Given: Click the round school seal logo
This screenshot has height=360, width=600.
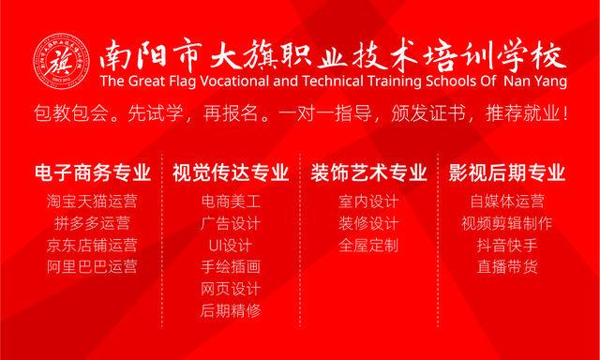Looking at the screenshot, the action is click(62, 62).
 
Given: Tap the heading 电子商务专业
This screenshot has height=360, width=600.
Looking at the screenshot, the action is click(93, 172).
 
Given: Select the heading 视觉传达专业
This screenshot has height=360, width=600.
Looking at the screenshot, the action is click(231, 172).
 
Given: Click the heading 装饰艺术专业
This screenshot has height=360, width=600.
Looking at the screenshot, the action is click(368, 172).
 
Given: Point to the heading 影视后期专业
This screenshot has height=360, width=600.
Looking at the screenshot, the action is click(507, 172).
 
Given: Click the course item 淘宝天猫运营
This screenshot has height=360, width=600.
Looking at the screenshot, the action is click(92, 202).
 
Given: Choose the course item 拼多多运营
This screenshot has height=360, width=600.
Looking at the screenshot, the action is click(92, 223).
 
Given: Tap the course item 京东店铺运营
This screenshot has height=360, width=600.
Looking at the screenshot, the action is click(92, 245).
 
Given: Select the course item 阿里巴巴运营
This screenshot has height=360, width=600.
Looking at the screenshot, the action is click(92, 266).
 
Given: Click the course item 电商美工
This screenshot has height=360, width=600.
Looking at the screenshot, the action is click(231, 202).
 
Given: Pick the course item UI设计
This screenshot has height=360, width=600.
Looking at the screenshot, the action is click(231, 245).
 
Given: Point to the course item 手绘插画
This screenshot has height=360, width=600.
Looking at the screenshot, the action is click(231, 266).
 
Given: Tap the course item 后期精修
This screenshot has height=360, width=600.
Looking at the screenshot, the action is click(231, 310).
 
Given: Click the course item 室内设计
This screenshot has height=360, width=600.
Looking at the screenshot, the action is click(368, 202).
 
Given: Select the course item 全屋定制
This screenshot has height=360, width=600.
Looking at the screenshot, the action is click(368, 245).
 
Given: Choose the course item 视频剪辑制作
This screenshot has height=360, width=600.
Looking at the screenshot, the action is click(507, 223).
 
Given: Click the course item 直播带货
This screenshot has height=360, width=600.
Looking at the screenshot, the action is click(507, 266).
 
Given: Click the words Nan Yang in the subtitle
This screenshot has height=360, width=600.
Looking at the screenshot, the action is click(535, 82).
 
